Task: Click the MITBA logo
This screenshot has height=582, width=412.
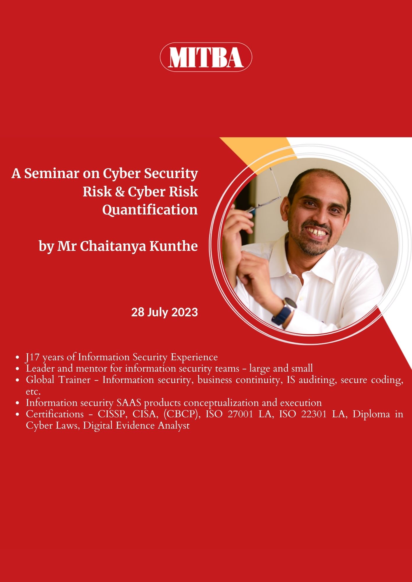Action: pyautogui.click(x=206, y=57)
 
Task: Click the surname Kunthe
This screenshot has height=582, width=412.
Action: pyautogui.click(x=174, y=246)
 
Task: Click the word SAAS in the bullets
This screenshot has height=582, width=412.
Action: pyautogui.click(x=129, y=403)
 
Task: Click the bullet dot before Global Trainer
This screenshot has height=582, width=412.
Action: pyautogui.click(x=18, y=380)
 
